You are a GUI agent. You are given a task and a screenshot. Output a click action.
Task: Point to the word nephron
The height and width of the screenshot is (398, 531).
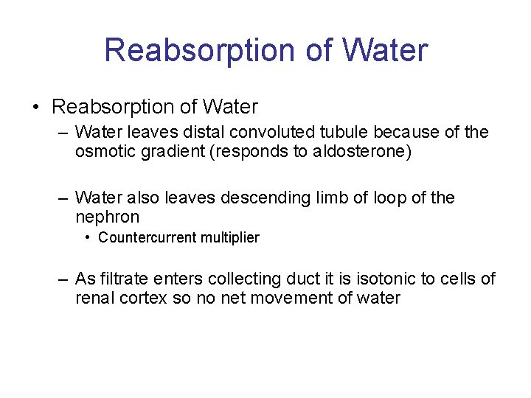pyautogui.click(x=107, y=217)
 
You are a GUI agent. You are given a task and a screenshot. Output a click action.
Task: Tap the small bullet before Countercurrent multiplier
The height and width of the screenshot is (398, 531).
pyautogui.click(x=88, y=237)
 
